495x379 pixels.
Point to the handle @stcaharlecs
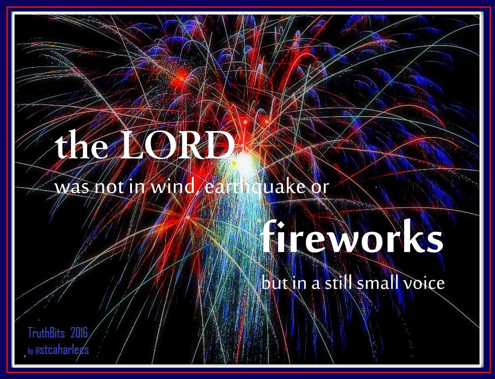[62, 351]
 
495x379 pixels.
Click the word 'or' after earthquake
[318, 188]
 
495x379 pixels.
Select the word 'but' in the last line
[273, 283]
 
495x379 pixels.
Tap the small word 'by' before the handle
[30, 352]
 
